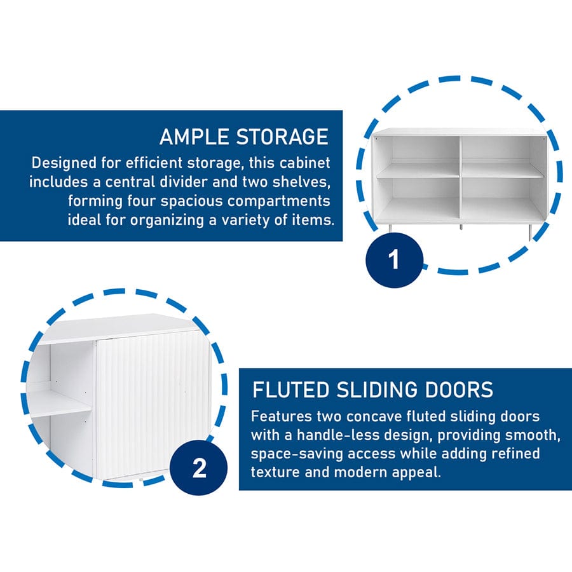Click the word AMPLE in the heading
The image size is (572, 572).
click(194, 137)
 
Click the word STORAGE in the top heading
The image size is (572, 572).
click(282, 137)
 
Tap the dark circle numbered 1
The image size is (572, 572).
click(394, 259)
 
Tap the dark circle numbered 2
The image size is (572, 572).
click(199, 468)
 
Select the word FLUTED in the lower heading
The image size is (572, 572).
click(290, 390)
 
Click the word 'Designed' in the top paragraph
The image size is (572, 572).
click(64, 163)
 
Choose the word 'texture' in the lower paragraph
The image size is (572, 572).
click(275, 472)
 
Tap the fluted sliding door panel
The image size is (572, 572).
click(153, 407)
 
